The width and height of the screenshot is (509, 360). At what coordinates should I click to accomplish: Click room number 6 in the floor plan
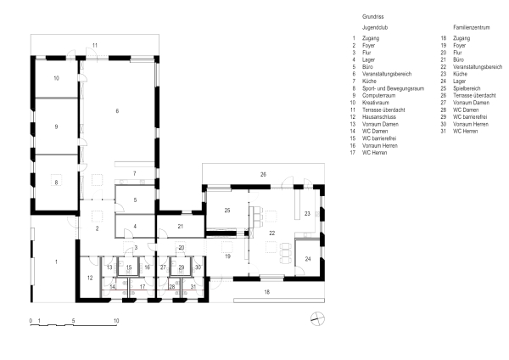[x=117, y=112]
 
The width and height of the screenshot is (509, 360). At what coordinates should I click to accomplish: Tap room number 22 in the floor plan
[x=272, y=232]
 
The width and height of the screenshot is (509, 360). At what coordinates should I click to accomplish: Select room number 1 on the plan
[x=57, y=262]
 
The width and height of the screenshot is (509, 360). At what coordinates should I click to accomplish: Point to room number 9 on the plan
[x=56, y=127]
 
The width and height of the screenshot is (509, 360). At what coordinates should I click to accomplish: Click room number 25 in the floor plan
[x=227, y=210]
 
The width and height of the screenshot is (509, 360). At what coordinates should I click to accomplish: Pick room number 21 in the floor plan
[x=182, y=226]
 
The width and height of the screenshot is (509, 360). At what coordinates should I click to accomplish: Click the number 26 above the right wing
[x=262, y=174]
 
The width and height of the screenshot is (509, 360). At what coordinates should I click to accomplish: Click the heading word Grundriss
[x=373, y=16]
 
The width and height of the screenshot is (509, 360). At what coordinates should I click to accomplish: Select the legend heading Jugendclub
[x=376, y=28]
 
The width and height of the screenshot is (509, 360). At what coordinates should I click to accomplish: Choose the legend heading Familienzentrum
[x=472, y=28]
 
